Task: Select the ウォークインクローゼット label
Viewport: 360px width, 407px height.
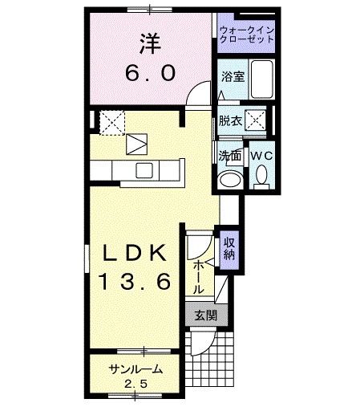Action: pyautogui.click(x=245, y=35)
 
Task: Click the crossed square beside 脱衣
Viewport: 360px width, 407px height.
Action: pyautogui.click(x=257, y=121)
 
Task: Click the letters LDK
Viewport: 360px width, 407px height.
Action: pyautogui.click(x=134, y=254)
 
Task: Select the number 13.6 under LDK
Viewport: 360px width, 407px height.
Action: pyautogui.click(x=134, y=282)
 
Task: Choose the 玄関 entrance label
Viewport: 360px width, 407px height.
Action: pyautogui.click(x=204, y=315)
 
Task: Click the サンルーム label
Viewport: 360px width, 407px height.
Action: pyautogui.click(x=136, y=369)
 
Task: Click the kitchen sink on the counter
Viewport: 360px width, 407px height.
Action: pyautogui.click(x=145, y=170)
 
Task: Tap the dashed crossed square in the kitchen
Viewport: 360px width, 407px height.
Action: pyautogui.click(x=111, y=121)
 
